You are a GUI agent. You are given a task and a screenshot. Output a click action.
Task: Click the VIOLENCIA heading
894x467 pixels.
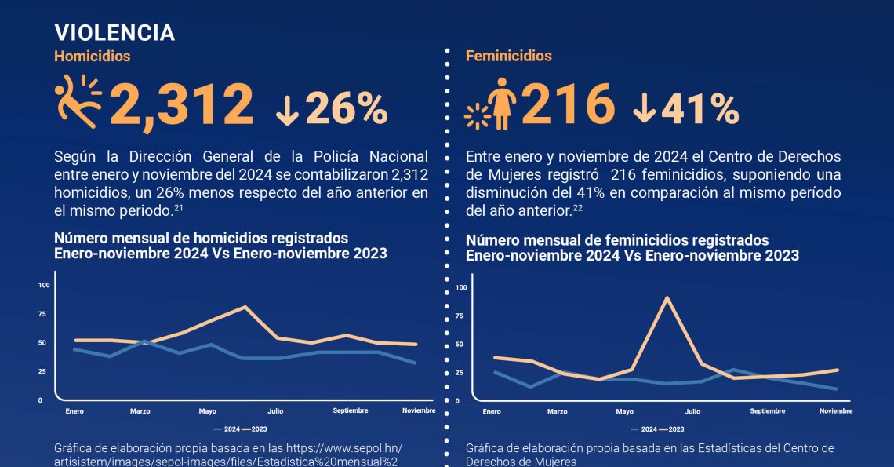click(x=114, y=32)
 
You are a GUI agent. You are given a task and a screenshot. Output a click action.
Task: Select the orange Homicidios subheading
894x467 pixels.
click(x=92, y=57)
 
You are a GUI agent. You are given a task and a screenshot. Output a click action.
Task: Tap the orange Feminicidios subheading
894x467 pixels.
click(x=508, y=57)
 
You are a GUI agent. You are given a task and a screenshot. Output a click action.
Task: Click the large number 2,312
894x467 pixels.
click(x=182, y=105)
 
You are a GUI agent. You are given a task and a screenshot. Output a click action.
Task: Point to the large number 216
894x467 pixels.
click(x=567, y=105)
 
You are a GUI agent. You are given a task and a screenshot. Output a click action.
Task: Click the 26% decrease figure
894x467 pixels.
click(x=346, y=109)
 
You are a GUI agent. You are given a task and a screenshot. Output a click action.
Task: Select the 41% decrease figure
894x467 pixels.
click(x=698, y=109)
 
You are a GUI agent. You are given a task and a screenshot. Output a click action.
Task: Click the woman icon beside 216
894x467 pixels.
click(x=499, y=106)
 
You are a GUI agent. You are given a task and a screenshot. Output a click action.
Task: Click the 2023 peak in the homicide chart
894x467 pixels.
click(x=245, y=307)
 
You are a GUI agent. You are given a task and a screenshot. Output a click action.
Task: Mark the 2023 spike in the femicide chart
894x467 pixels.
click(x=667, y=298)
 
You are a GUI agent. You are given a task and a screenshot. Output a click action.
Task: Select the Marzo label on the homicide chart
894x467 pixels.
click(x=140, y=411)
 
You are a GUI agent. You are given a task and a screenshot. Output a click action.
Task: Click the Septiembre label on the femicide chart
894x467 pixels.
click(x=767, y=411)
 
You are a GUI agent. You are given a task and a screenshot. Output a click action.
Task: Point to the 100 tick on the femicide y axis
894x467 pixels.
click(x=461, y=288)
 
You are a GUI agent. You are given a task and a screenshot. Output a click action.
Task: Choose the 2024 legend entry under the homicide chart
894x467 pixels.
click(x=229, y=429)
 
